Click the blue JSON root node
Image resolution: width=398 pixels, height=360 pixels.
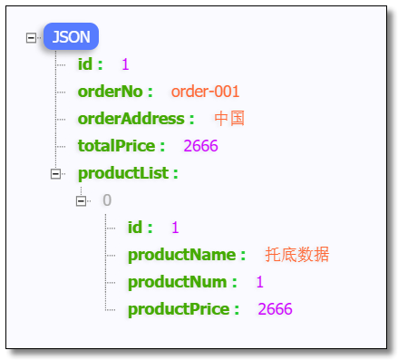pyautogui.click(x=71, y=37)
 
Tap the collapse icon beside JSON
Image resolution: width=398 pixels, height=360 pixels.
pyautogui.click(x=32, y=38)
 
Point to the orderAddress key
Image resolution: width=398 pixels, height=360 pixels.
pyautogui.click(x=136, y=119)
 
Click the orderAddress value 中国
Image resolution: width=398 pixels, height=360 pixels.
pyautogui.click(x=230, y=119)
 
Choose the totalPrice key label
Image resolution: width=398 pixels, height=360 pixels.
pyautogui.click(x=121, y=146)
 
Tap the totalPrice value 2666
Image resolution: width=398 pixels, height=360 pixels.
pyautogui.click(x=200, y=146)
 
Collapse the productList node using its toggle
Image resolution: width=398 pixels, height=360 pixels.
pyautogui.click(x=56, y=173)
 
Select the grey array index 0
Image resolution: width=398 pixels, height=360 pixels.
pyautogui.click(x=107, y=200)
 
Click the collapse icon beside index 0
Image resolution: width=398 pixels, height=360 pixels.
pyautogui.click(x=82, y=200)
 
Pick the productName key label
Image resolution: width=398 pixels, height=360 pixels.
pyautogui.click(x=187, y=255)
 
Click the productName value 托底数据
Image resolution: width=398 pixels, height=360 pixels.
pyautogui.click(x=297, y=255)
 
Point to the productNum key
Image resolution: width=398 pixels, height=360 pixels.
pyautogui.click(x=182, y=282)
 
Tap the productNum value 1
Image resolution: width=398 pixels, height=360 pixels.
pyautogui.click(x=259, y=282)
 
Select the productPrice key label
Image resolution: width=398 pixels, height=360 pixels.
pyautogui.click(x=183, y=309)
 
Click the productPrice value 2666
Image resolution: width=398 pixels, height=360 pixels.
pyautogui.click(x=275, y=309)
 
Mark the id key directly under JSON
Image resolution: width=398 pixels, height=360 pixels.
pyautogui.click(x=90, y=64)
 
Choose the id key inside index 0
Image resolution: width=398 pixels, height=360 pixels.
pyautogui.click(x=140, y=228)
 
